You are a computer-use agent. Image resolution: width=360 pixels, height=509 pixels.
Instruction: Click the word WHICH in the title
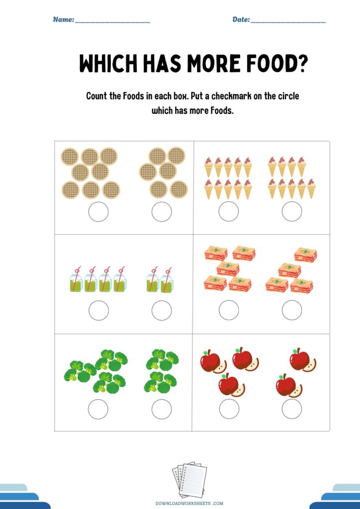108,63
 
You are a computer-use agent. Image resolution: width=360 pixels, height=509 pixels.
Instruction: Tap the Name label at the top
64,19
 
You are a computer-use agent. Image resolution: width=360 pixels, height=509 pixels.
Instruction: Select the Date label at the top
241,19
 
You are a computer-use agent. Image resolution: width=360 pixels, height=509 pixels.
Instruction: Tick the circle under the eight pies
98,212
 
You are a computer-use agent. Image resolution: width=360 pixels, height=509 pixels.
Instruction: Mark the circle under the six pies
162,212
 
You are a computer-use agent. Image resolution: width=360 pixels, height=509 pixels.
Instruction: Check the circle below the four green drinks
98,310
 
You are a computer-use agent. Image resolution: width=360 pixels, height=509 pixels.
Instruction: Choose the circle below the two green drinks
162,310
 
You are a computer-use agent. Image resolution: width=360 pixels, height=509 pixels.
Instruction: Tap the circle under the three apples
229,409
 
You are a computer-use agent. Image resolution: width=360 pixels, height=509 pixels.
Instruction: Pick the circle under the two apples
292,409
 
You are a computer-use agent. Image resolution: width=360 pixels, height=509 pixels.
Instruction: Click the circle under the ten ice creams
229,211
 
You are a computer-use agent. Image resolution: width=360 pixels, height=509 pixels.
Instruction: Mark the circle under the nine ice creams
292,211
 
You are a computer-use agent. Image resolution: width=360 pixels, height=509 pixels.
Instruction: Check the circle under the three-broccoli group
98,409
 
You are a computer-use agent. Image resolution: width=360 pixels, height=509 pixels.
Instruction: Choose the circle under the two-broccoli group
162,409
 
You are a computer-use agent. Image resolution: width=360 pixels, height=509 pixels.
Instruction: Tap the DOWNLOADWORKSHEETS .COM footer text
189,504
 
